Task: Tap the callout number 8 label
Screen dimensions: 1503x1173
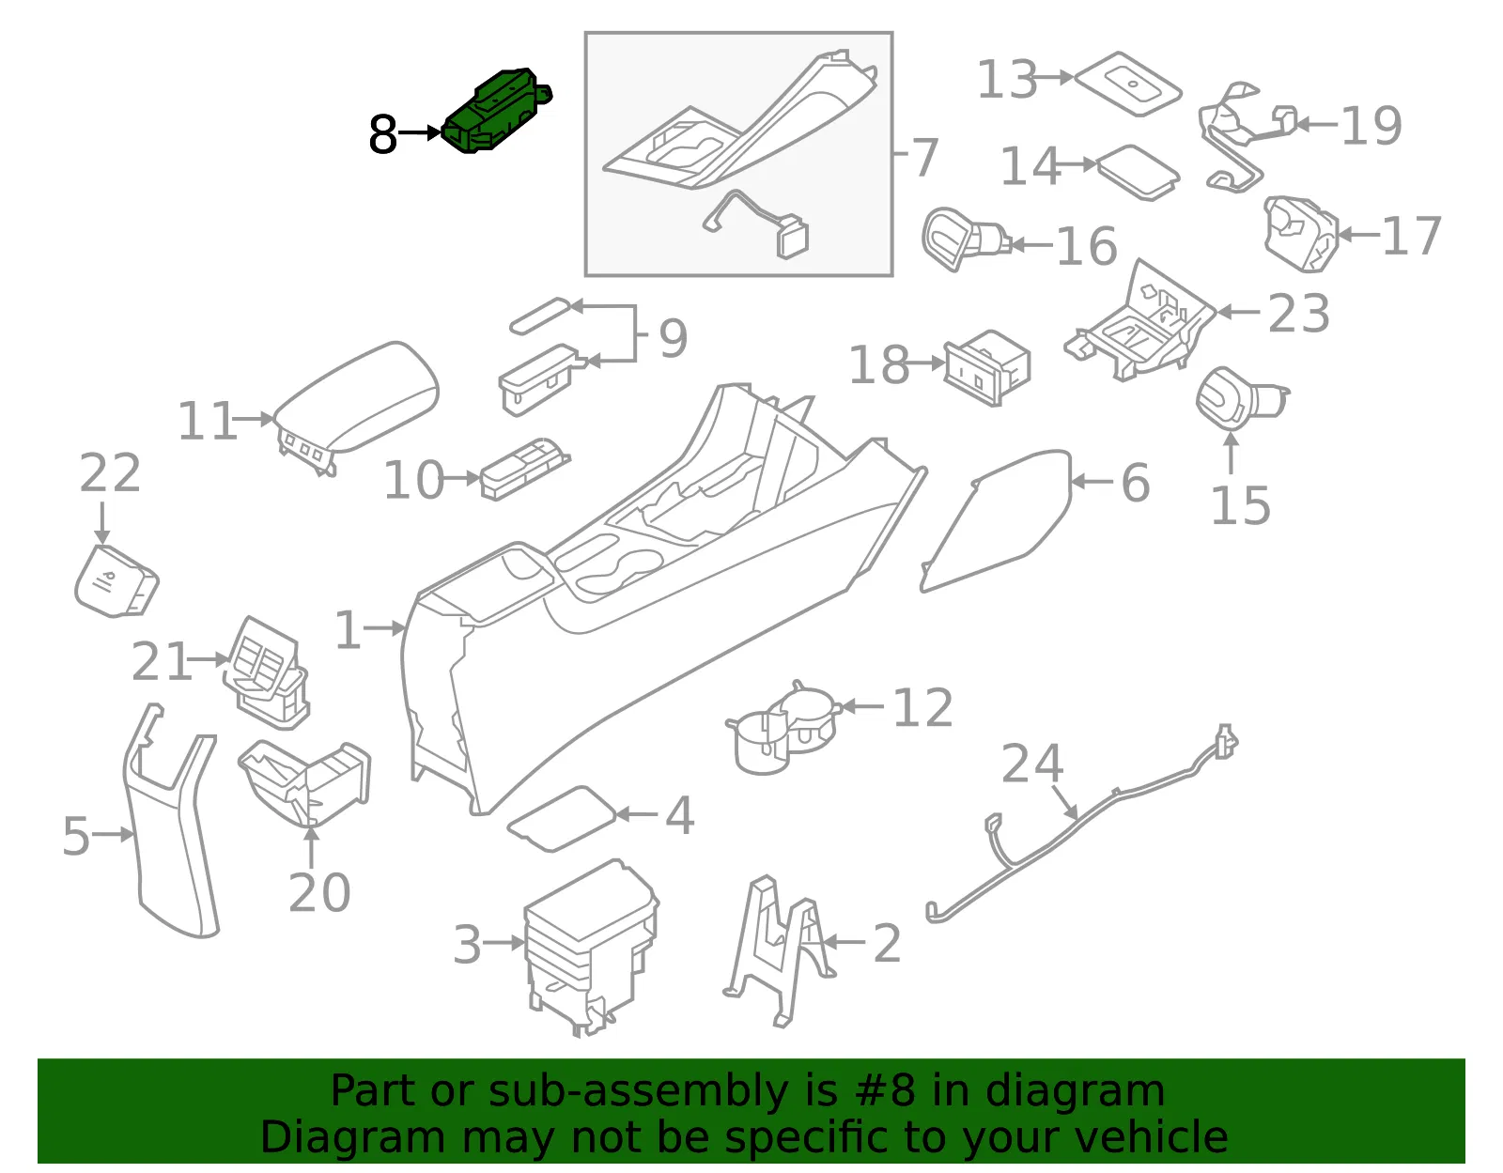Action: [382, 134]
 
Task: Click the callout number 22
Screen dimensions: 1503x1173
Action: [110, 472]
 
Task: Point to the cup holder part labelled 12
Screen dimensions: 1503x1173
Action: [783, 729]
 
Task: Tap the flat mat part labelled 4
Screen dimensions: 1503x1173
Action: [562, 818]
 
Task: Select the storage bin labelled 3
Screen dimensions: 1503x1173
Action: [592, 947]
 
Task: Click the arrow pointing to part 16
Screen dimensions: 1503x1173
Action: [1032, 244]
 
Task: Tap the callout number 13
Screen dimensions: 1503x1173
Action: [1007, 79]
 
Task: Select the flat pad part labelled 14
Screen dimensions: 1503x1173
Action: [1137, 172]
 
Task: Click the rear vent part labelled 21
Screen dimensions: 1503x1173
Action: [266, 672]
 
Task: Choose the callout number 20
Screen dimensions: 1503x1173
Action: [318, 892]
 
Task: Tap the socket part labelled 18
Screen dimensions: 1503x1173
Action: [987, 367]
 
